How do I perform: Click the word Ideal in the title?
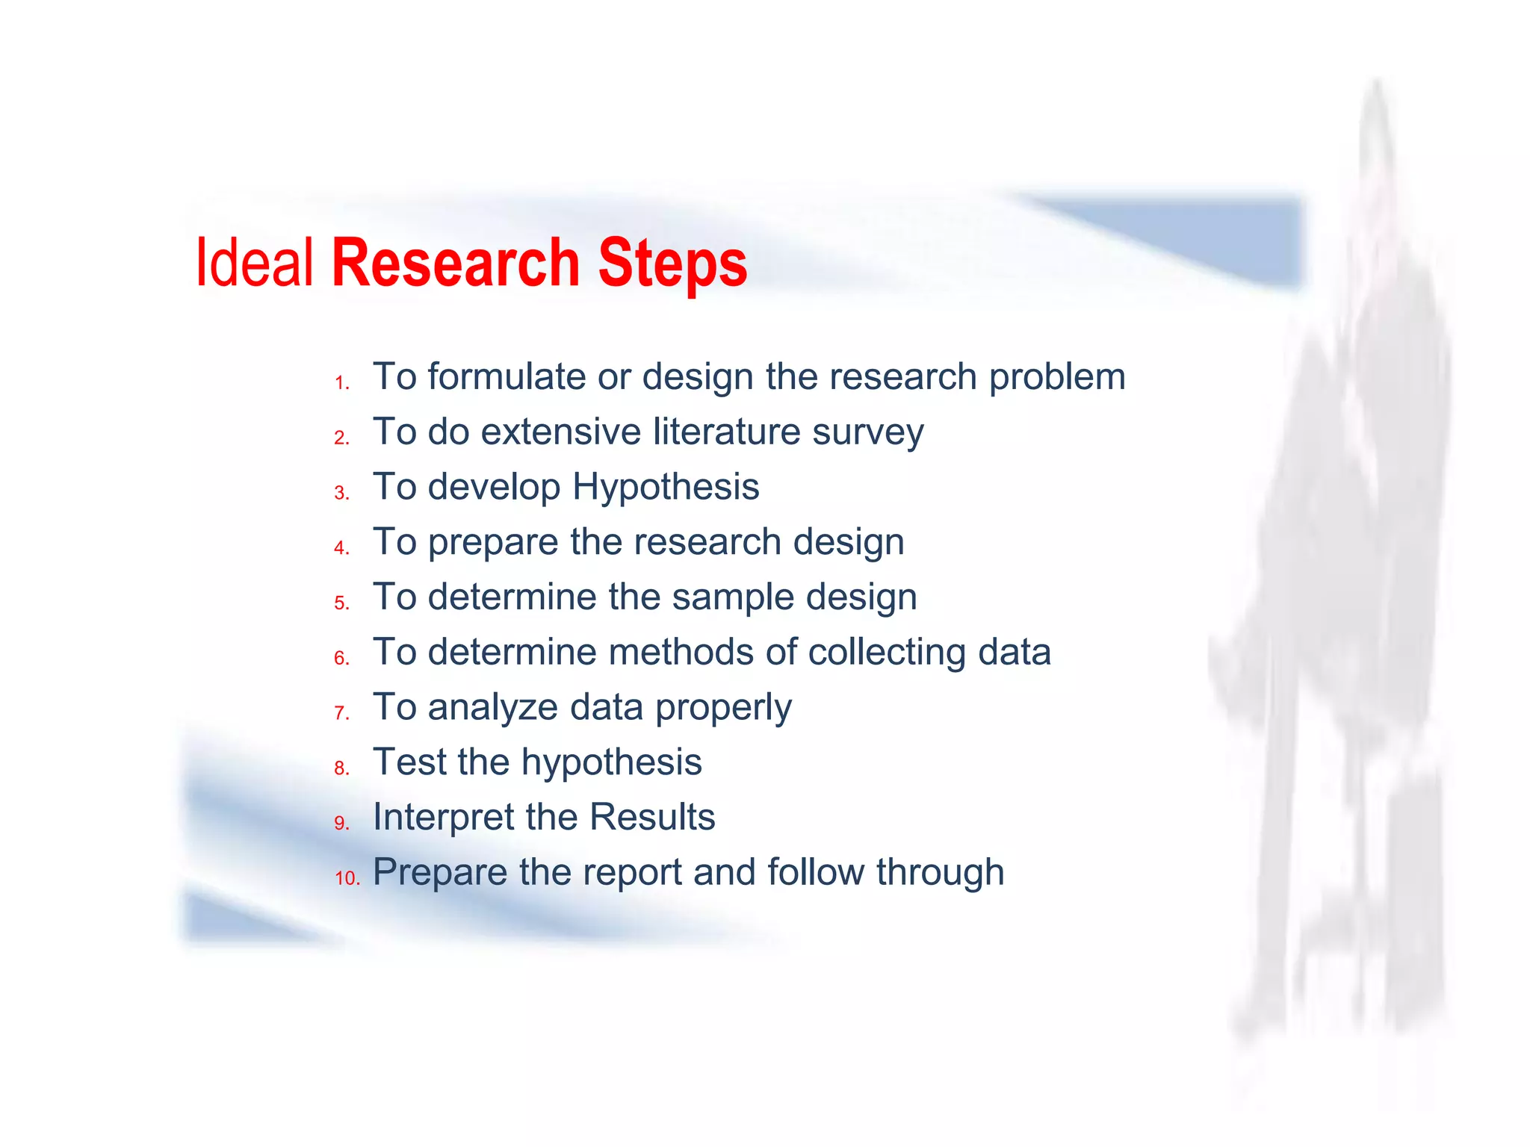[254, 263]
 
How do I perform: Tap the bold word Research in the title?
[456, 263]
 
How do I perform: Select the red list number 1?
[342, 383]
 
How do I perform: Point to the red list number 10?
[347, 878]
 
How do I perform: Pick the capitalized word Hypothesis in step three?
[666, 488]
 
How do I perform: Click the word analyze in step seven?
[492, 708]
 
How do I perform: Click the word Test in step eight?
[409, 762]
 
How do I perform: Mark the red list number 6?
[342, 658]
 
